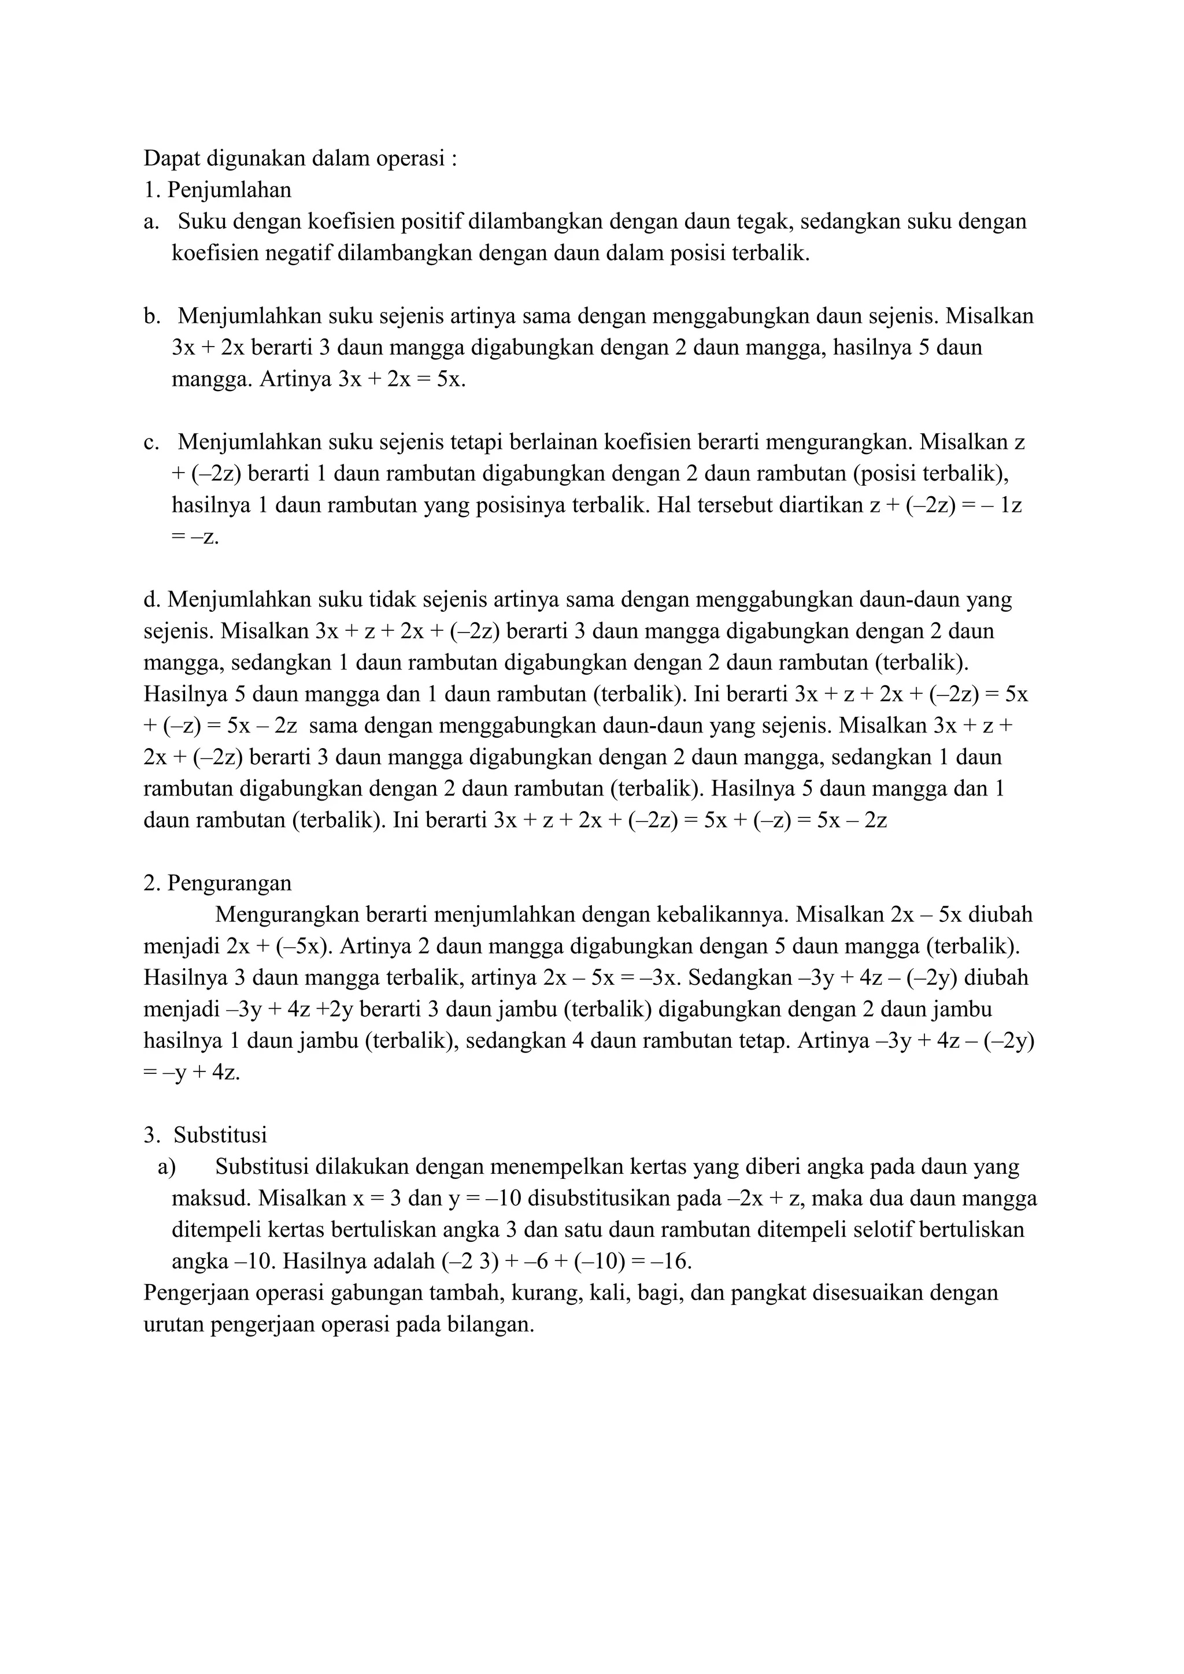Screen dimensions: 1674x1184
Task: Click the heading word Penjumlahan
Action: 229,190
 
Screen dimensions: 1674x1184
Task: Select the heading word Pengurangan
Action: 229,883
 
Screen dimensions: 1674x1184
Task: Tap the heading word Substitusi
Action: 220,1135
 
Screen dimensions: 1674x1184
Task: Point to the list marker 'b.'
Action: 151,317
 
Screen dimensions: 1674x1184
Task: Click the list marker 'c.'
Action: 151,442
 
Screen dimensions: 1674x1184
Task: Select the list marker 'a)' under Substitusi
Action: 166,1167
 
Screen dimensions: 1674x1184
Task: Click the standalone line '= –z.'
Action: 195,537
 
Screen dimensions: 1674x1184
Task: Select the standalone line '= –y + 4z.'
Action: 192,1073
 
